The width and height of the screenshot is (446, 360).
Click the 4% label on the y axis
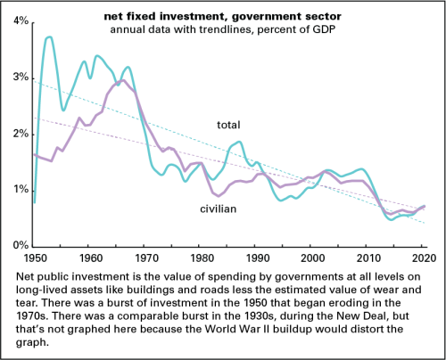click(x=21, y=20)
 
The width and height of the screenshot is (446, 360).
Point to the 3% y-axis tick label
click(x=21, y=78)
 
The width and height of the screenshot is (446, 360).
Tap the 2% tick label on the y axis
click(x=21, y=134)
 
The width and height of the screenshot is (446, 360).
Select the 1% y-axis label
click(x=21, y=189)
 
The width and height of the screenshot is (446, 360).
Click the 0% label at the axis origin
click(x=21, y=245)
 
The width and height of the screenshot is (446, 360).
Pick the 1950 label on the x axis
click(x=36, y=258)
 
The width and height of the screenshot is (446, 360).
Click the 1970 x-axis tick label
click(x=146, y=258)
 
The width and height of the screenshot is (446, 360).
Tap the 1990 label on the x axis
click(x=258, y=258)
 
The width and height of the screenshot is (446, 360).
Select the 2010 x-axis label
click(x=368, y=258)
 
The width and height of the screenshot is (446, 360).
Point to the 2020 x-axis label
click(x=424, y=258)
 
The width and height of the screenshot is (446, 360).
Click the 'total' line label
click(x=228, y=125)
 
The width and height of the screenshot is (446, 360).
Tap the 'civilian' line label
click(x=219, y=209)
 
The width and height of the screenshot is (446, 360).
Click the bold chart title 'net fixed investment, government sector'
click(x=223, y=16)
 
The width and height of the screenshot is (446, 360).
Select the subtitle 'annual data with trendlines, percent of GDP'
click(x=223, y=29)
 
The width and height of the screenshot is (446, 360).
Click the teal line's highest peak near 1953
click(x=49, y=37)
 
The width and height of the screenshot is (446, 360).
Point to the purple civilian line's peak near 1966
click(x=123, y=80)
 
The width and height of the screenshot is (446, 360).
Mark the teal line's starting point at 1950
click(x=35, y=202)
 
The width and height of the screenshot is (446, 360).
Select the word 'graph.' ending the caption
click(x=32, y=342)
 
